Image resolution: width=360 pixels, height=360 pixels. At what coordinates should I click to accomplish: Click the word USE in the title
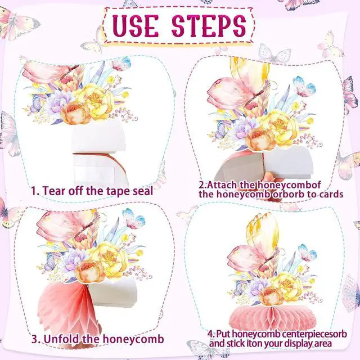click(136, 25)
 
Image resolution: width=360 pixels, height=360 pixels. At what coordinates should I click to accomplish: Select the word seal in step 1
click(143, 191)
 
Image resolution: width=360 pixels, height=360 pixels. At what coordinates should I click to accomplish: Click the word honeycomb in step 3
click(133, 339)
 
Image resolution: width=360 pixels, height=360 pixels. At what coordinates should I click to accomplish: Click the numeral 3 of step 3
click(35, 339)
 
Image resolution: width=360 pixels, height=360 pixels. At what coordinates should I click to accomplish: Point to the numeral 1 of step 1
click(33, 191)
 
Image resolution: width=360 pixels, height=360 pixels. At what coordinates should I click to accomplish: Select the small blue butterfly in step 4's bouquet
click(308, 252)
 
